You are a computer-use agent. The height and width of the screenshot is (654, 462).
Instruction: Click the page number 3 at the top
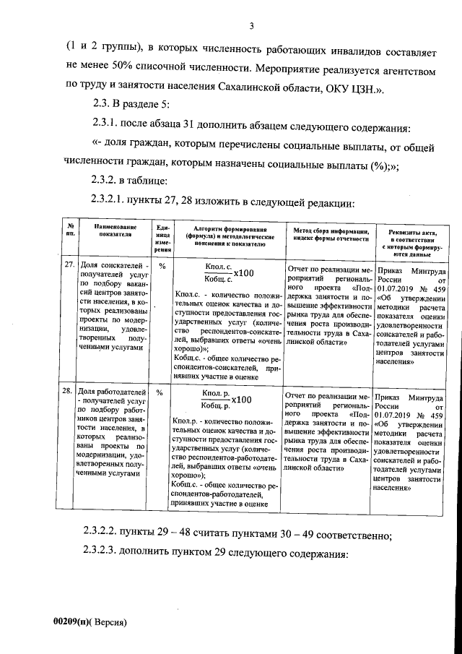pyautogui.click(x=251, y=27)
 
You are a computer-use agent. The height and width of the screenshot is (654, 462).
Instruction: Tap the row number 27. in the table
pyautogui.click(x=69, y=264)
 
